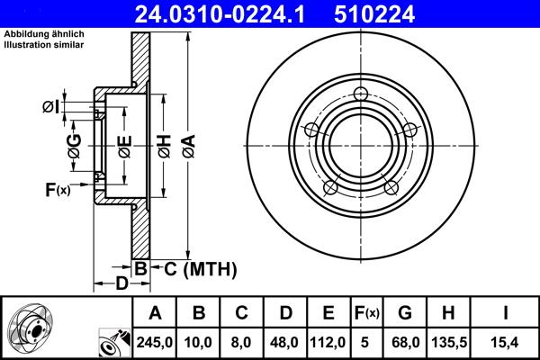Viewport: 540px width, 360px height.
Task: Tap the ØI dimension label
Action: point(51,107)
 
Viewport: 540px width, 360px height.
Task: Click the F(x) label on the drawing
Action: point(57,189)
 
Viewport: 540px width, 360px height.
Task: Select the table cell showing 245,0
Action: point(156,343)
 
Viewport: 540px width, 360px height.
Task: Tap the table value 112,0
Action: point(328,343)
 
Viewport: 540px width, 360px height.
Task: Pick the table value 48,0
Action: point(285,343)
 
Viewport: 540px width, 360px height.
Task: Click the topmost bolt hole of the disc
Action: point(361,94)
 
